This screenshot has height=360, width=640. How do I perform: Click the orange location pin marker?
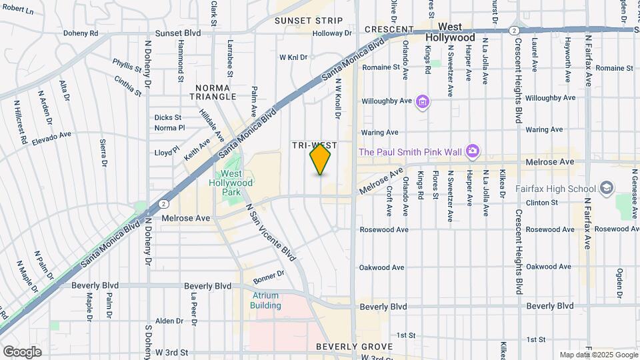click(321, 160)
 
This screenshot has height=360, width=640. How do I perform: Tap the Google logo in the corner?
click(21, 351)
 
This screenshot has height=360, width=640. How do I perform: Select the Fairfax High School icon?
click(606, 188)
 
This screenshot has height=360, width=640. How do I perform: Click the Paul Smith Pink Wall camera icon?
click(472, 151)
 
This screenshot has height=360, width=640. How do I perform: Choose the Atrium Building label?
click(265, 300)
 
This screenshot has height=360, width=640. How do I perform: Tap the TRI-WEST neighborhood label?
click(314, 145)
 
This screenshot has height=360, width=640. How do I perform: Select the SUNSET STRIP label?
click(309, 21)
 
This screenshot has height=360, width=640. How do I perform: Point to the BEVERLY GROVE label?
click(345, 347)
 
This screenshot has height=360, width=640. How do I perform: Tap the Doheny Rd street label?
click(81, 33)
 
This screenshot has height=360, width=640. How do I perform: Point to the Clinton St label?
click(541, 202)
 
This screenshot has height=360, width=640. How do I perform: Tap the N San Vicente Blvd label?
click(271, 231)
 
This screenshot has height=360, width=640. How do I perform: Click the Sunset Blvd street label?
click(178, 33)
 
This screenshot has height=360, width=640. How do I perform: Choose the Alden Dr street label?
click(169, 321)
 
